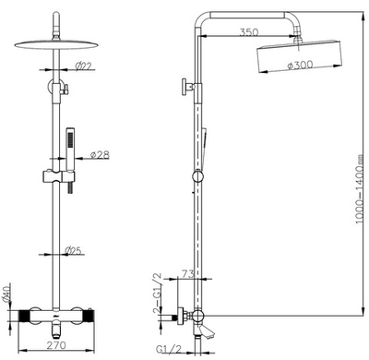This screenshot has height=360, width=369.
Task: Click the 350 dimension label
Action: click(249, 32)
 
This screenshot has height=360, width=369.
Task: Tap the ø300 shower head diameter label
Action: click(300, 65)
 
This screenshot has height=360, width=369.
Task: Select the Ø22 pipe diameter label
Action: click(84, 66)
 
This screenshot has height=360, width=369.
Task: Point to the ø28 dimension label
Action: click(101, 155)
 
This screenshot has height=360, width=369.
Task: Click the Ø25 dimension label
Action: click(74, 251)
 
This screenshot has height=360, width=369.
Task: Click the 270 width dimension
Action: click(56, 345)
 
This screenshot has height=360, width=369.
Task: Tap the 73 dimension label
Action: click(187, 273)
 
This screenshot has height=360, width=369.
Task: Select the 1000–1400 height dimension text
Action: click(359, 193)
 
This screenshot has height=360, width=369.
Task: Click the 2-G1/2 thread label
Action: click(158, 293)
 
